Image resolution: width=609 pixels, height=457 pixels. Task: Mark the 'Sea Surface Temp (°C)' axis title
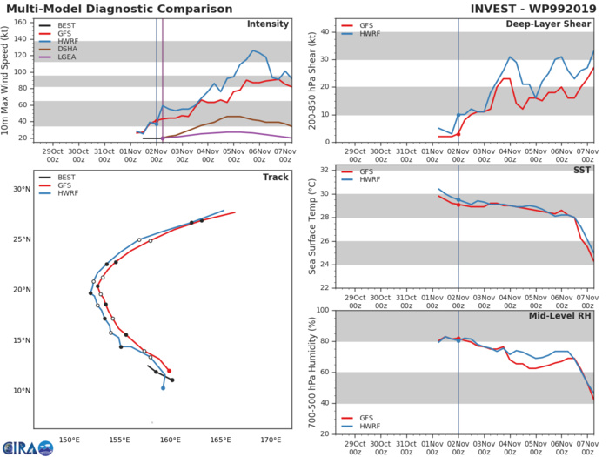click(x=311, y=225)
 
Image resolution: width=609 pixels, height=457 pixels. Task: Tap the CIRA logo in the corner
click(x=26, y=447)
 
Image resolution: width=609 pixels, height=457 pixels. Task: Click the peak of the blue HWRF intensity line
click(x=253, y=50)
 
